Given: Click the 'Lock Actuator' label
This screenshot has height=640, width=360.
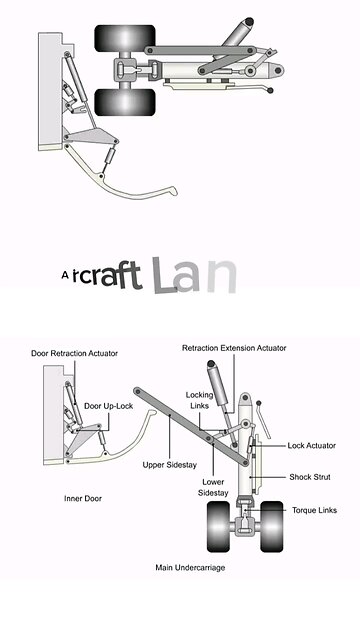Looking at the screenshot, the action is [x=311, y=445].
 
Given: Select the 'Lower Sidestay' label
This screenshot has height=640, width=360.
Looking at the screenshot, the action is [x=213, y=488].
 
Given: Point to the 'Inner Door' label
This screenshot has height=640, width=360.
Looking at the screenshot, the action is [x=83, y=497].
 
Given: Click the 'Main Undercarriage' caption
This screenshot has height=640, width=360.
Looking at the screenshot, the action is [x=190, y=567].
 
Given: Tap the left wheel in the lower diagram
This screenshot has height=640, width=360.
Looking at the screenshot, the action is [x=220, y=526].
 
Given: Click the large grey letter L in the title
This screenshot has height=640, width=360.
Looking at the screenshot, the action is [x=165, y=275].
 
